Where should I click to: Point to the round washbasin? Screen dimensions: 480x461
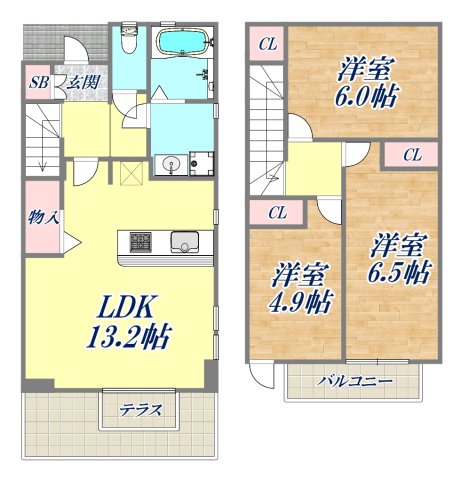pyautogui.click(x=168, y=164)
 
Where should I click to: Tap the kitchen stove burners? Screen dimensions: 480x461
pyautogui.click(x=138, y=241)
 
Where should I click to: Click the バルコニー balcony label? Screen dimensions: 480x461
pyautogui.click(x=355, y=382)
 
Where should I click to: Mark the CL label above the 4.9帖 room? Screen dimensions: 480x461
pyautogui.click(x=278, y=213)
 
